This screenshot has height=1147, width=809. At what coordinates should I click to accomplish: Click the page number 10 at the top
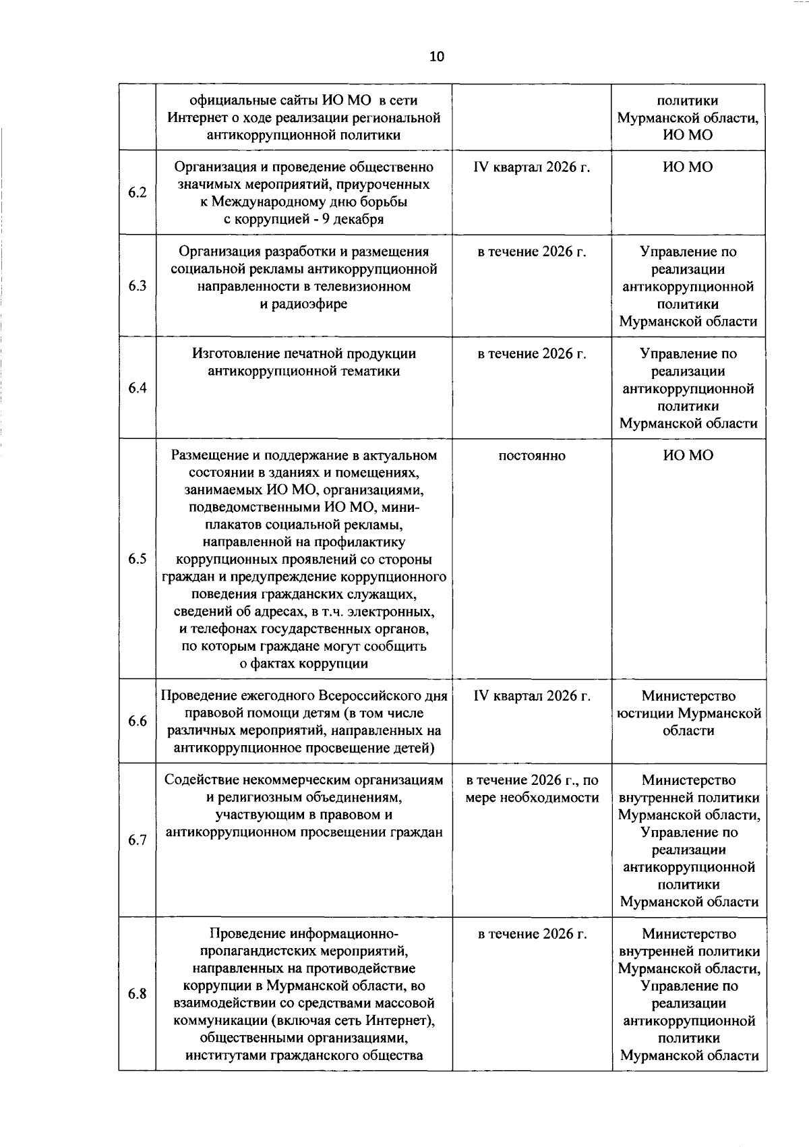tap(436, 57)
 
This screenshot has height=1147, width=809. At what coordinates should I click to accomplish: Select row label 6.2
tap(138, 193)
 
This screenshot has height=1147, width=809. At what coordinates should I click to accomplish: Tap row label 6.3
tap(138, 286)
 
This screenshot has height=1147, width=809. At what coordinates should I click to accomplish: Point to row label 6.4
tap(138, 388)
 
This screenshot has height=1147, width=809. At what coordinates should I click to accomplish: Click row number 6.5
tap(138, 559)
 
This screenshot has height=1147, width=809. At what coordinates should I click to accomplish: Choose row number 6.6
tap(138, 722)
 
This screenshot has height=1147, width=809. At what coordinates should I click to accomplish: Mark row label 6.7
tap(138, 840)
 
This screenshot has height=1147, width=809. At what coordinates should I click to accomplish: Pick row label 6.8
tap(138, 994)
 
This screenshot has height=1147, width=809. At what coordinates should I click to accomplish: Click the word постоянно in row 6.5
tap(532, 456)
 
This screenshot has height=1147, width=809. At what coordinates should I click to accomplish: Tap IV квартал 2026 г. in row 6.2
tap(532, 167)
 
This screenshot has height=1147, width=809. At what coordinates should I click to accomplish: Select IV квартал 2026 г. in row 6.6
tap(532, 696)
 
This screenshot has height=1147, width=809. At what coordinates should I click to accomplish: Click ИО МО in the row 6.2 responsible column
tap(688, 167)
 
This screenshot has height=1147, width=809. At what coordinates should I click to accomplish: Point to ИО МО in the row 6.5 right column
tap(688, 456)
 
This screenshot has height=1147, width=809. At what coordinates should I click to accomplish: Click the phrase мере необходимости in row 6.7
tap(532, 798)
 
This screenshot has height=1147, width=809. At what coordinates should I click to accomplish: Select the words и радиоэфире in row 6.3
tap(304, 303)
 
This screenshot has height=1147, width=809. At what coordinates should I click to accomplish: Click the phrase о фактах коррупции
tap(304, 664)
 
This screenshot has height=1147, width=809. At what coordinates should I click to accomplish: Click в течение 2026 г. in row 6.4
tap(532, 354)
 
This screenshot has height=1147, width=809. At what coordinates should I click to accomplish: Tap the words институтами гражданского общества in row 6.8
tap(304, 1055)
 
